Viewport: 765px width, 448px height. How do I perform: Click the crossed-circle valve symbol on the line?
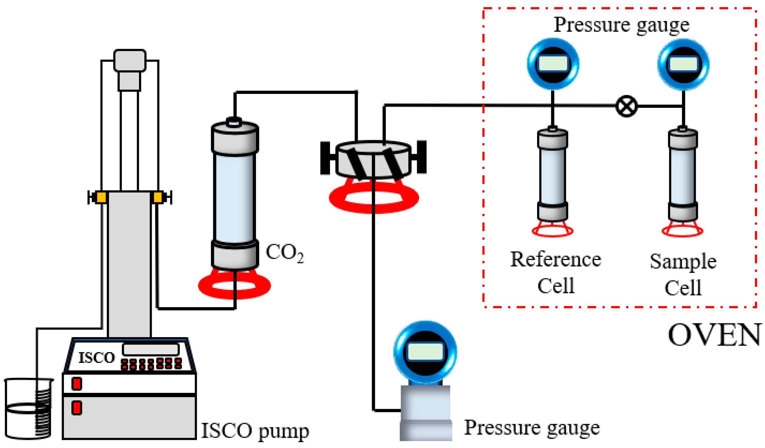tap(626, 106)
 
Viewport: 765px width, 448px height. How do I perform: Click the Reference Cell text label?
tap(555, 272)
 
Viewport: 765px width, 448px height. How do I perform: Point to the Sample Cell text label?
tap(683, 274)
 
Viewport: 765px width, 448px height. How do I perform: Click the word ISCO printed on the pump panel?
tap(97, 357)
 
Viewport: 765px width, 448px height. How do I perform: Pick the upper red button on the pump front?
tap(76, 384)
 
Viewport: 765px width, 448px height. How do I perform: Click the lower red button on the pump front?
tap(76, 408)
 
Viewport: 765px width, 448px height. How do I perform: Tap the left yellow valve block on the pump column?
tap(101, 197)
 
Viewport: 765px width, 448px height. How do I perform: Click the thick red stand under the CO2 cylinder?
tap(234, 286)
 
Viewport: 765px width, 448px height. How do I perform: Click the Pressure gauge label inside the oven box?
tap(621, 25)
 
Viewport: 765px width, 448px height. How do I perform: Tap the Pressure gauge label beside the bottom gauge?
tap(532, 428)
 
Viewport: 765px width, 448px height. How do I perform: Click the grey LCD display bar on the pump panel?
tap(151, 349)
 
